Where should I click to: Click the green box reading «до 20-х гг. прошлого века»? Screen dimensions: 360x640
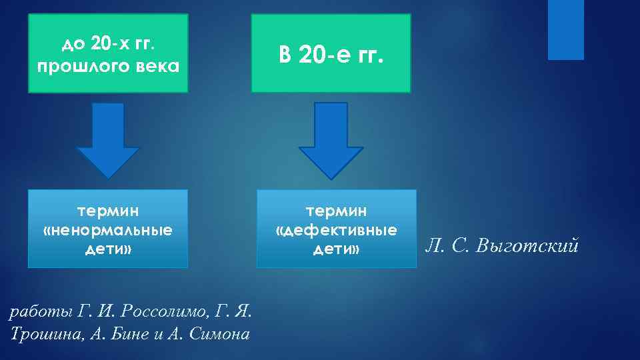pos(108,53)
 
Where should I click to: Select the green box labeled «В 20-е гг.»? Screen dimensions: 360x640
pos(331,53)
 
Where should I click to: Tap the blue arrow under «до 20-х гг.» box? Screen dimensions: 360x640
pos(108,140)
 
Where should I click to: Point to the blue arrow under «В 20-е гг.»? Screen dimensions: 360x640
pos(331,140)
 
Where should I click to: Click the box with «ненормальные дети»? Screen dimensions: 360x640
pos(108,229)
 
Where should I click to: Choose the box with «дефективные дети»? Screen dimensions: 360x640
pos(336,229)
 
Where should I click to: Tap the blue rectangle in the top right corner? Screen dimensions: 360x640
pos(565,30)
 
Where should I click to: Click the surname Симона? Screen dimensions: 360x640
pos(219,333)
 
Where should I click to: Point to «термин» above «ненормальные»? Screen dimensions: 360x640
pos(108,211)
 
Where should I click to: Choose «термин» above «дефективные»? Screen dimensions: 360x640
pos(336,211)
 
